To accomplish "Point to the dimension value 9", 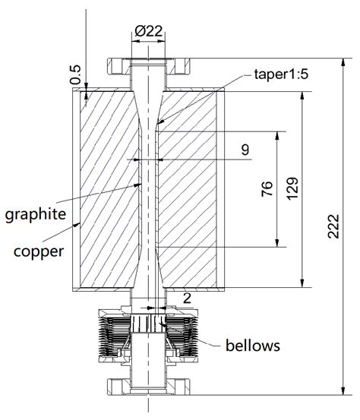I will (x=245, y=150).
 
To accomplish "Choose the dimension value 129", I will (x=292, y=190).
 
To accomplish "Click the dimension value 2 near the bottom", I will (x=186, y=298).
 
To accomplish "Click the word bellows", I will (x=253, y=346).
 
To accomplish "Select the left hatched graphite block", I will (x=103, y=190).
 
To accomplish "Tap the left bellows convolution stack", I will (x=111, y=334).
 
